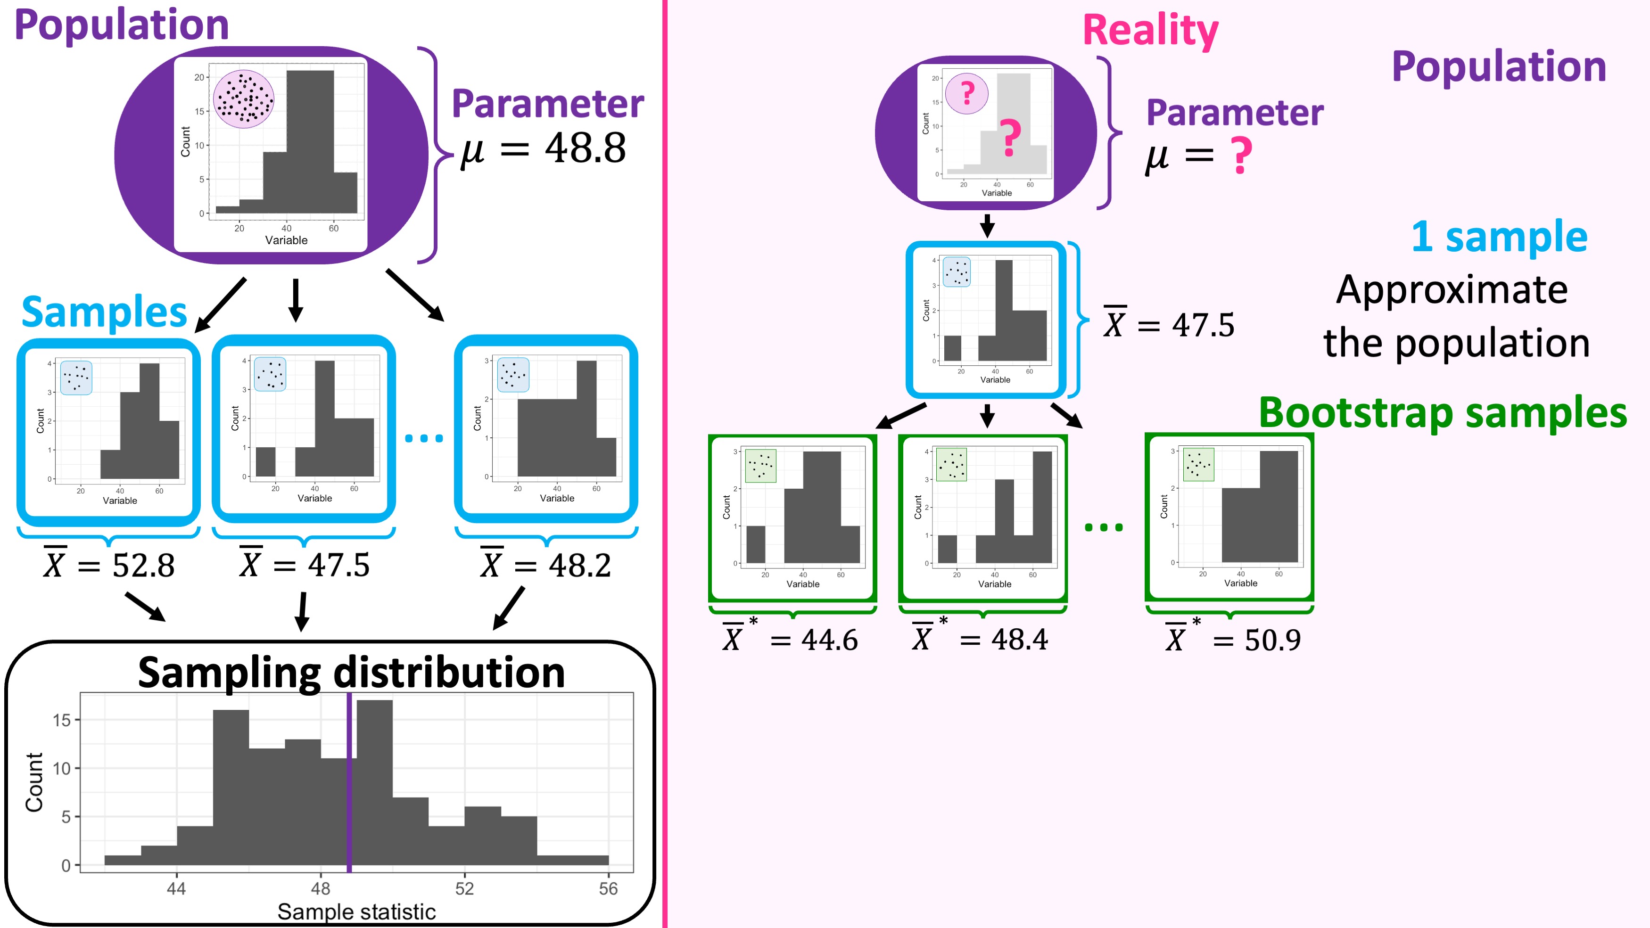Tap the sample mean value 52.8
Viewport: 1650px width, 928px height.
coord(143,566)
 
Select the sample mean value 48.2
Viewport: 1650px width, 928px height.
coord(580,566)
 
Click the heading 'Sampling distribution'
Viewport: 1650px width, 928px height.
coord(351,673)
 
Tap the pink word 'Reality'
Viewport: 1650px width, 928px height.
coord(1150,31)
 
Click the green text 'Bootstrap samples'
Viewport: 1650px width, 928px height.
coord(1443,412)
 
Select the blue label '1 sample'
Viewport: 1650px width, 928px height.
coord(1499,236)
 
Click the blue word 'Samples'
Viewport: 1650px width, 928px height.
coord(104,312)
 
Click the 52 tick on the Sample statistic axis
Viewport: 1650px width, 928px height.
coord(464,888)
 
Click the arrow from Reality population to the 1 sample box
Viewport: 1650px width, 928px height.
coord(987,225)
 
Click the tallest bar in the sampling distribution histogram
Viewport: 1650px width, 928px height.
coord(375,781)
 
